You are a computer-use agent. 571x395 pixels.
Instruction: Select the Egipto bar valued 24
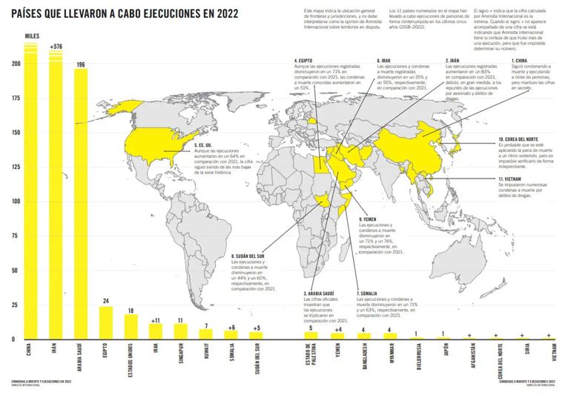pyautogui.click(x=106, y=322)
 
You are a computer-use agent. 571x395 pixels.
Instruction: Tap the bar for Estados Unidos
pyautogui.click(x=131, y=326)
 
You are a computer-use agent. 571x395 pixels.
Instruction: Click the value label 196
pyautogui.click(x=80, y=64)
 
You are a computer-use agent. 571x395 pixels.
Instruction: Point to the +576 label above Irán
pyautogui.click(x=56, y=46)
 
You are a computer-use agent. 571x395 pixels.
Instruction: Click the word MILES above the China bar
pyautogui.click(x=32, y=36)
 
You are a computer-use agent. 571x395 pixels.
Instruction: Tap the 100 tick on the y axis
pyautogui.click(x=10, y=202)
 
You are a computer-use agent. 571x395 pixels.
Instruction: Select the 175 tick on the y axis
pyautogui.click(x=10, y=98)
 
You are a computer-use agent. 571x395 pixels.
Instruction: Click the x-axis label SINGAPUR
pyautogui.click(x=181, y=356)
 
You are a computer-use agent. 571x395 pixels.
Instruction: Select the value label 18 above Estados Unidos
pyautogui.click(x=131, y=310)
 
